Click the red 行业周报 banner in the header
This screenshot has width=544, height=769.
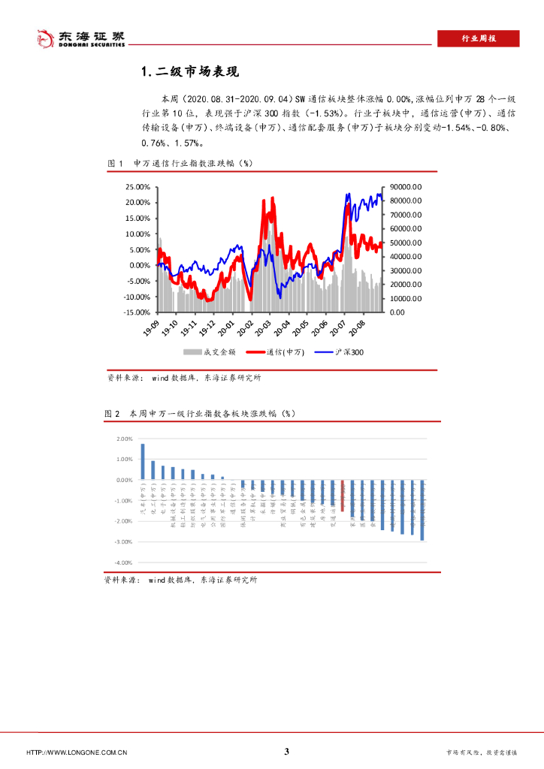pos(478,39)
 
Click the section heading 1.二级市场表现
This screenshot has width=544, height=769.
pos(189,72)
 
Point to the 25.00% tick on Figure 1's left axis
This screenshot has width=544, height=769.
pos(138,187)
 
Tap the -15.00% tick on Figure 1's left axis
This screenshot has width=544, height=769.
pos(137,312)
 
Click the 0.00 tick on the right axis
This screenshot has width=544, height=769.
pos(397,312)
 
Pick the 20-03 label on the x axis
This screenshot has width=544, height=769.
pos(263,327)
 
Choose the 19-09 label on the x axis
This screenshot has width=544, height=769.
pos(151,327)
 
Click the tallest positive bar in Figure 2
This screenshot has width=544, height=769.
pos(142,461)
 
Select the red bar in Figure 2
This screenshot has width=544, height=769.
pos(342,496)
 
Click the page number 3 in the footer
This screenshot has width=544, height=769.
pos(286,752)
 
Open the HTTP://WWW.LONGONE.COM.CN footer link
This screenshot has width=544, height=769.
pos(77,752)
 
